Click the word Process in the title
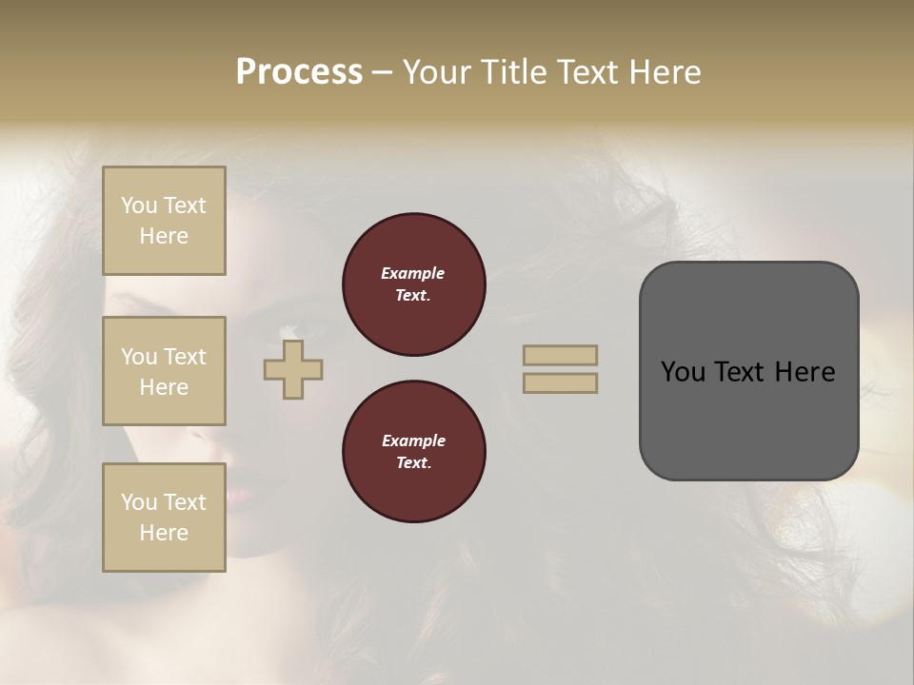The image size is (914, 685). pyautogui.click(x=299, y=72)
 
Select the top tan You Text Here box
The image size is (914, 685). pyautogui.click(x=164, y=221)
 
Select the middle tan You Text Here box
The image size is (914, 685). pyautogui.click(x=164, y=371)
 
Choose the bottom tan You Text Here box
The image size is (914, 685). pyautogui.click(x=164, y=518)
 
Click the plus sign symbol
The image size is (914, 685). pyautogui.click(x=293, y=369)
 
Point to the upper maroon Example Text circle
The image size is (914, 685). pyautogui.click(x=413, y=284)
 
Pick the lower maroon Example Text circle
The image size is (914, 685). pyautogui.click(x=413, y=452)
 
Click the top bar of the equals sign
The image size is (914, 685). pyautogui.click(x=561, y=355)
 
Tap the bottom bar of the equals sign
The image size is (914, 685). pyautogui.click(x=561, y=382)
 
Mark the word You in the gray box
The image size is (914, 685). pyautogui.click(x=683, y=372)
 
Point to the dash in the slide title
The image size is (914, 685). pyautogui.click(x=382, y=73)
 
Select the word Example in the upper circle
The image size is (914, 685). pyautogui.click(x=413, y=273)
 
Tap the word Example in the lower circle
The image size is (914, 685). pyautogui.click(x=413, y=440)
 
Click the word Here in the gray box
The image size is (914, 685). pyautogui.click(x=805, y=372)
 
